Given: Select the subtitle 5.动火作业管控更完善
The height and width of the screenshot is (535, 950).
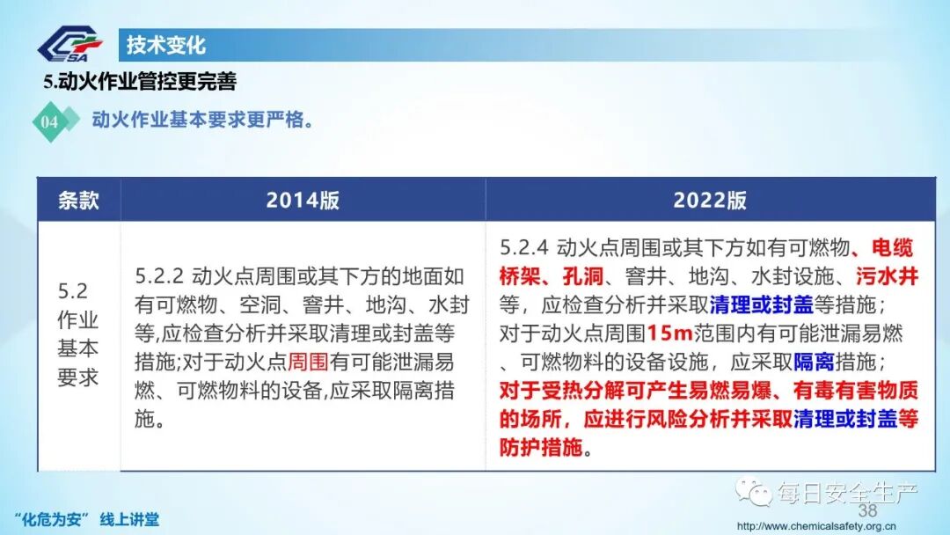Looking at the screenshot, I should coord(141,82).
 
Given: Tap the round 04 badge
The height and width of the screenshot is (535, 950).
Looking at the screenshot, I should coord(49,121).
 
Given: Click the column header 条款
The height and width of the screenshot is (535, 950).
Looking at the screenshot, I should coord(78,200).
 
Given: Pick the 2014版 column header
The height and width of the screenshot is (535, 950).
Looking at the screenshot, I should coord(303,200).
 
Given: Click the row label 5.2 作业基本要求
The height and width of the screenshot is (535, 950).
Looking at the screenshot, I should coord(78,334).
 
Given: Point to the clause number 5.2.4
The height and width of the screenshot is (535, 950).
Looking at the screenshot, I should coord(523,248).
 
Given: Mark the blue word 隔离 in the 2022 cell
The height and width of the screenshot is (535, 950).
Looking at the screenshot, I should coord(814,362).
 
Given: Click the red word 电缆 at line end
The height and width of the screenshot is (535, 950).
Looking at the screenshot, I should coord(892,248).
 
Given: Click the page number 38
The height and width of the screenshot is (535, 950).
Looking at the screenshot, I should coord(867,511).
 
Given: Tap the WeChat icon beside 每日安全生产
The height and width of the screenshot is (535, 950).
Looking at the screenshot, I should coord(754,489).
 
